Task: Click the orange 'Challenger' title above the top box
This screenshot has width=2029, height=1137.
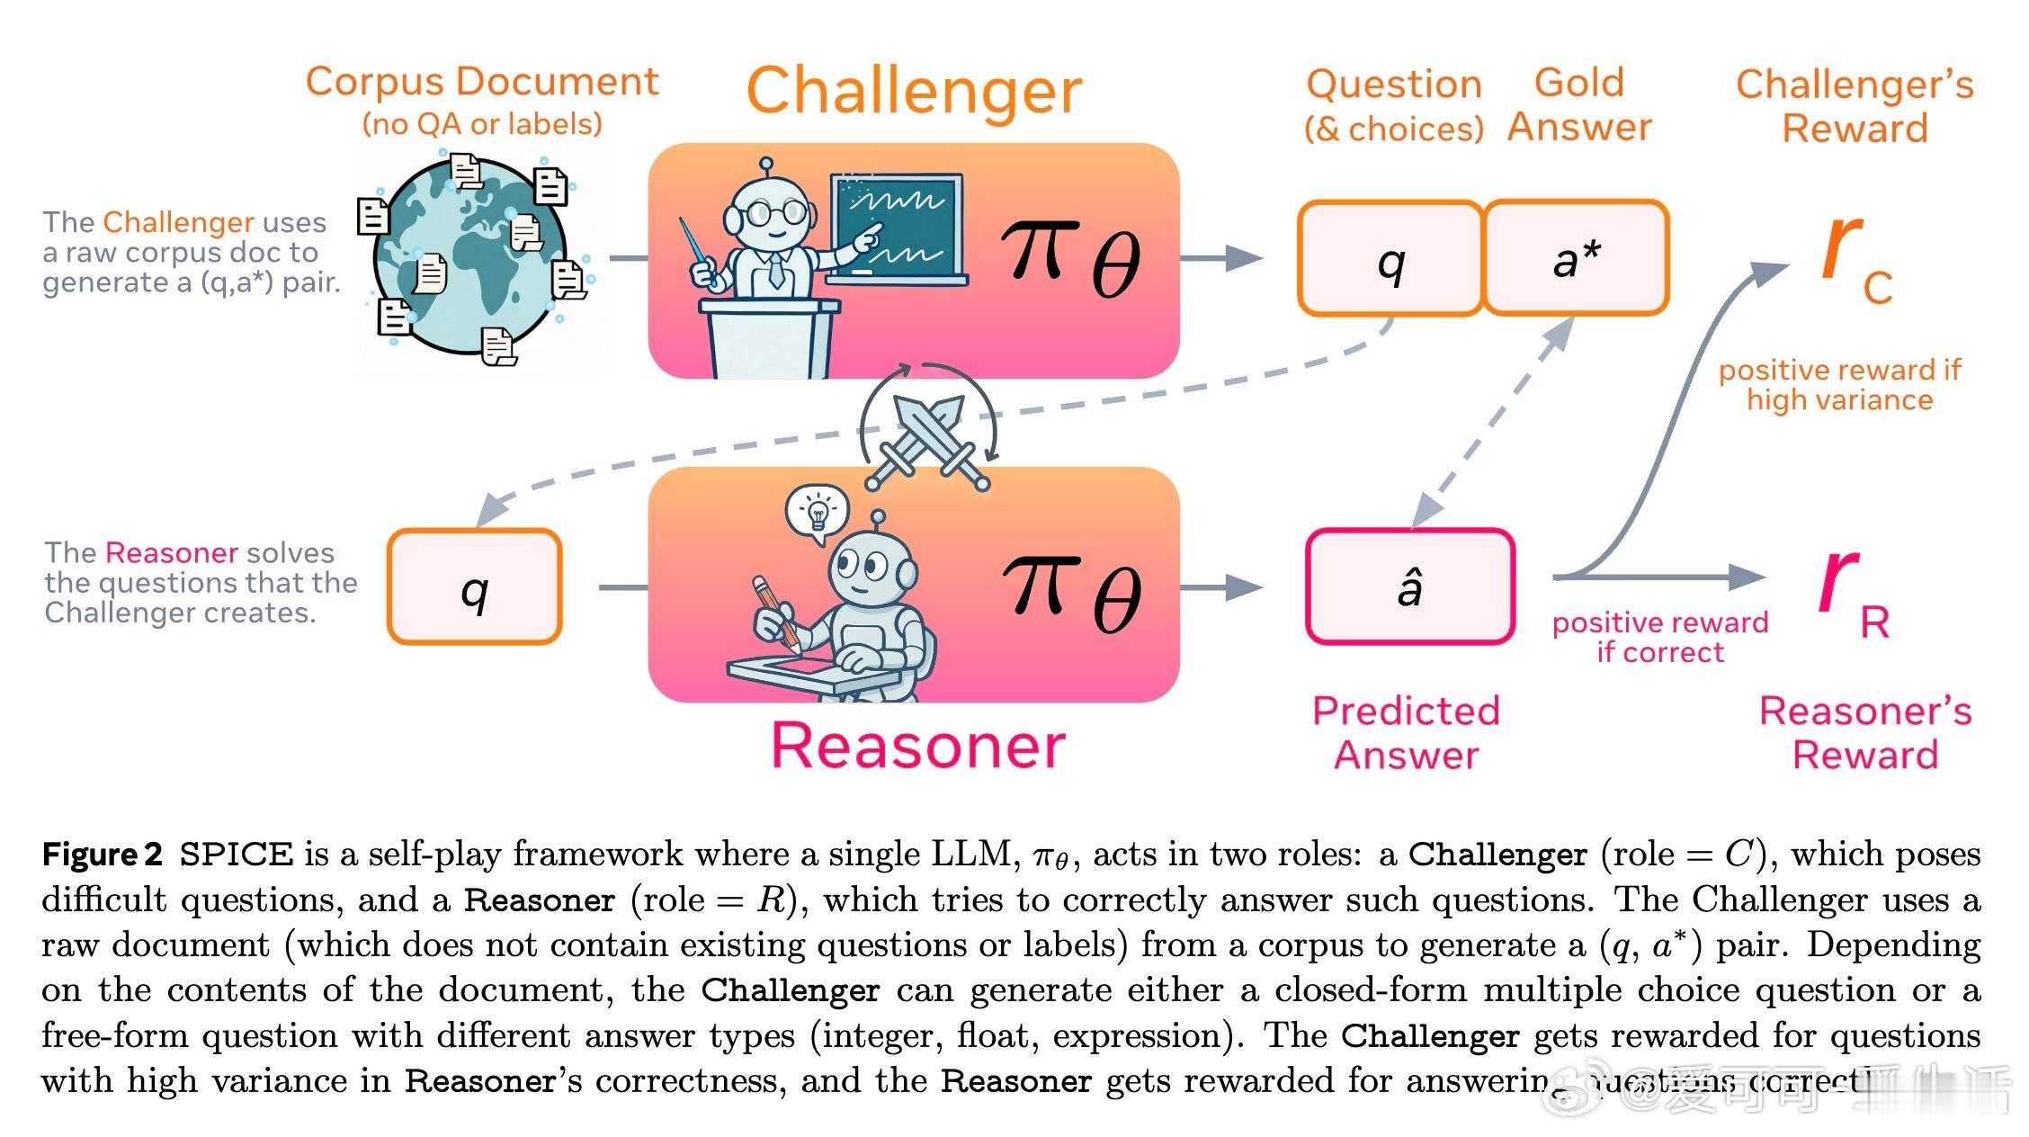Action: coord(914,91)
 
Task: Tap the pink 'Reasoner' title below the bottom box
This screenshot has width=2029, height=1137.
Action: coord(918,746)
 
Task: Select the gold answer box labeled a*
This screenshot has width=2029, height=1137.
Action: coord(1576,258)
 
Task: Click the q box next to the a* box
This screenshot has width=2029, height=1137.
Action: coord(1390,259)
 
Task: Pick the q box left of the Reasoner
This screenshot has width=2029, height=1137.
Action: coord(475,587)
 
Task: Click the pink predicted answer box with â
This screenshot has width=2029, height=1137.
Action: coord(1409,586)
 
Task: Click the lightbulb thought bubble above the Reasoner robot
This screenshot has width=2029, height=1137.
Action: coord(818,513)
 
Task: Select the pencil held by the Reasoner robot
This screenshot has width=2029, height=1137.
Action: coord(775,612)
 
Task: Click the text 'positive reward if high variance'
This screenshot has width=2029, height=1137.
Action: coord(1839,385)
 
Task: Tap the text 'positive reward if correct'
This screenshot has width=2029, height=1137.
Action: coord(1660,637)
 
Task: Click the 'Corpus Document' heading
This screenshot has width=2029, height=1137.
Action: coord(482,83)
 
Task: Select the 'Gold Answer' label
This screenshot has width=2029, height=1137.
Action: coord(1579,104)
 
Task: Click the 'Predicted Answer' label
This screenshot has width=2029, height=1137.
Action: coord(1406,732)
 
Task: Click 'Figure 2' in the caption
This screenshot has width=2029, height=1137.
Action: coord(102,854)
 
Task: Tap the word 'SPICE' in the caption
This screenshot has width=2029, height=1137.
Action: coord(237,854)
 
